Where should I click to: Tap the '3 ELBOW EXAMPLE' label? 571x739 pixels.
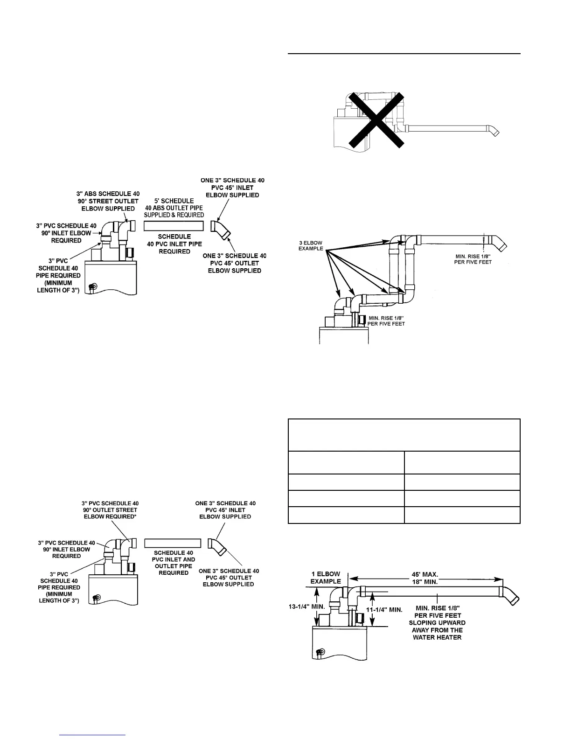pyautogui.click(x=311, y=245)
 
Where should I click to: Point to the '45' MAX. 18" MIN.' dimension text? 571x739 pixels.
pyautogui.click(x=426, y=578)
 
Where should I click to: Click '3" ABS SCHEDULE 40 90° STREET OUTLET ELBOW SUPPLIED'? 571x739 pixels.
pyautogui.click(x=107, y=201)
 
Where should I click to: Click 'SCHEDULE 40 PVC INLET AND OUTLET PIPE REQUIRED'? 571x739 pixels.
pyautogui.click(x=173, y=563)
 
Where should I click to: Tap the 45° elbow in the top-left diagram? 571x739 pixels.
pyautogui.click(x=221, y=230)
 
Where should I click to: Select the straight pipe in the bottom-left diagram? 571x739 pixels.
pyautogui.click(x=173, y=543)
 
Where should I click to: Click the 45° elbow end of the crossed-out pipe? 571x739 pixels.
pyautogui.click(x=493, y=131)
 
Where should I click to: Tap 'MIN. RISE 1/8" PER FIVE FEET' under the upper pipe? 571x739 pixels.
pyautogui.click(x=473, y=259)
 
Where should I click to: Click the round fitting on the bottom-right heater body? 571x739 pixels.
pyautogui.click(x=320, y=652)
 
